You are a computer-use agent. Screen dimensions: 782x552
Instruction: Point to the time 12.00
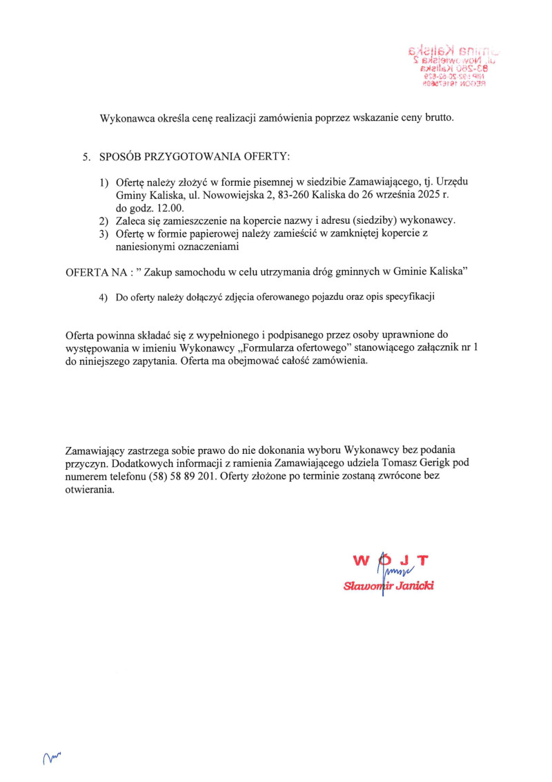164,207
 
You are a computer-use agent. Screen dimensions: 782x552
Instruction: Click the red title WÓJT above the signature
391,560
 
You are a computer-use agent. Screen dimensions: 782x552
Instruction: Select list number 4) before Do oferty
103,298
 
